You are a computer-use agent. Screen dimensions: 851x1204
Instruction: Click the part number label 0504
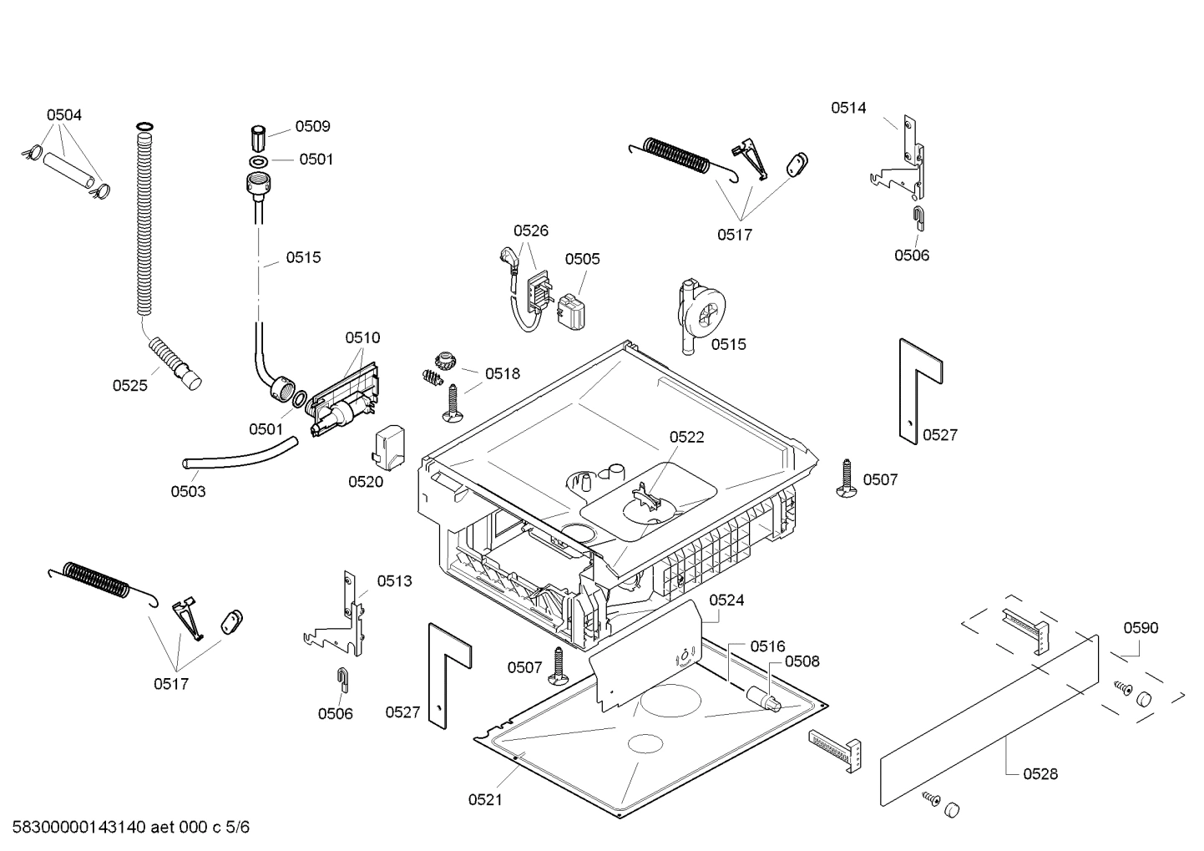pyautogui.click(x=63, y=115)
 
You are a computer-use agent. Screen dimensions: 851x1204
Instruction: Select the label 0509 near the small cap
pyautogui.click(x=312, y=126)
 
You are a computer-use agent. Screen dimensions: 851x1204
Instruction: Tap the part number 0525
pyautogui.click(x=129, y=385)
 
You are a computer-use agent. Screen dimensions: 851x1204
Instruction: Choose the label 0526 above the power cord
pyautogui.click(x=530, y=230)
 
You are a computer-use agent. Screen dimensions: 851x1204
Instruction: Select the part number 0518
pyautogui.click(x=502, y=374)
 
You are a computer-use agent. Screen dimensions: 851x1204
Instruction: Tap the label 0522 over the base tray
pyautogui.click(x=686, y=437)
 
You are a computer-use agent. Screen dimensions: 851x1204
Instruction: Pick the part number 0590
pyautogui.click(x=1141, y=628)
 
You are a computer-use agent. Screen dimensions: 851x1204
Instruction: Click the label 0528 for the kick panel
pyautogui.click(x=1040, y=774)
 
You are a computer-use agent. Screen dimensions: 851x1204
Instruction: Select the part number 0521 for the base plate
pyautogui.click(x=485, y=800)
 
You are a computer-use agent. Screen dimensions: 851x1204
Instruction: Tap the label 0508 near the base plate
pyautogui.click(x=802, y=661)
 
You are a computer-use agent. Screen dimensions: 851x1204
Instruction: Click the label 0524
pyautogui.click(x=726, y=600)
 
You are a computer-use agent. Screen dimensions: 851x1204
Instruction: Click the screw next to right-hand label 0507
pyautogui.click(x=845, y=479)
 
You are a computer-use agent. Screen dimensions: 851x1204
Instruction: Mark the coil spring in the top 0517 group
pyautogui.click(x=680, y=156)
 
